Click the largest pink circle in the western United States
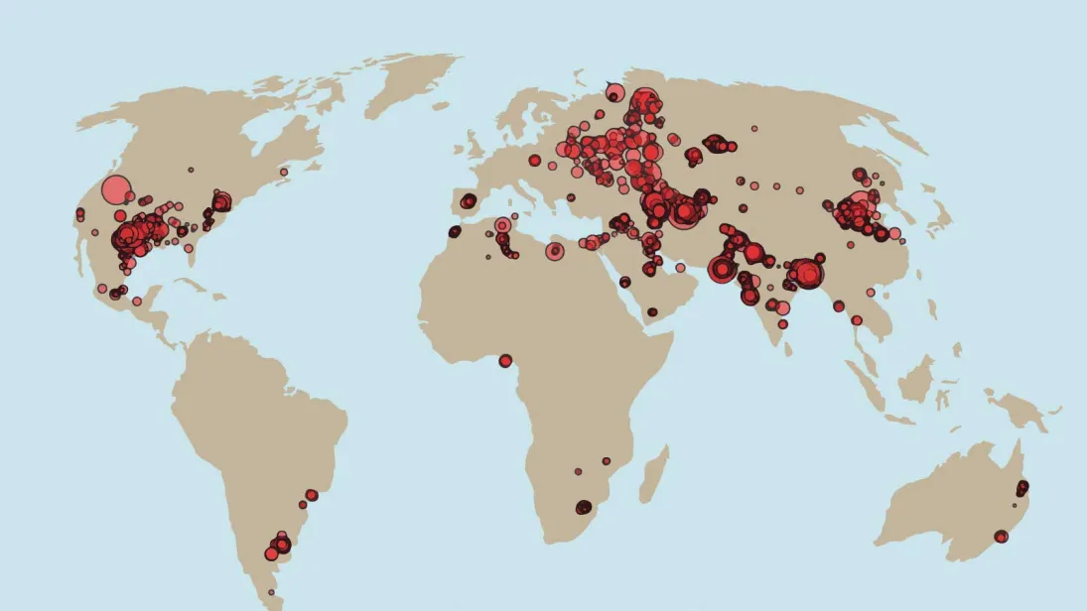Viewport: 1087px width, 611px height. pos(116,190)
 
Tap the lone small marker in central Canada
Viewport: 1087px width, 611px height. pos(191,170)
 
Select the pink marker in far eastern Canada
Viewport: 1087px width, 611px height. pos(284,172)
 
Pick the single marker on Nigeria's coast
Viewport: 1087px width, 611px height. pos(505,360)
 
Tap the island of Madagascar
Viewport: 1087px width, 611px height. pos(654,474)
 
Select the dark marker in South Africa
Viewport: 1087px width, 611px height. pos(584,507)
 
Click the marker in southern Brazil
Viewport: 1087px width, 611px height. pos(312,494)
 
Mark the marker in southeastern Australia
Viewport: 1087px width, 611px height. pos(1001,537)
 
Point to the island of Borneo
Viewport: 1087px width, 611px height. pos(916,379)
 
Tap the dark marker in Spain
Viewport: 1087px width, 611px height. pos(468,201)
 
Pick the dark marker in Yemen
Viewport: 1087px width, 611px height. pos(652,311)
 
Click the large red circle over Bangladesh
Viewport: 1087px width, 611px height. pos(808,274)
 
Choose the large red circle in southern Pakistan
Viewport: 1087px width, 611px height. pos(722,269)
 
